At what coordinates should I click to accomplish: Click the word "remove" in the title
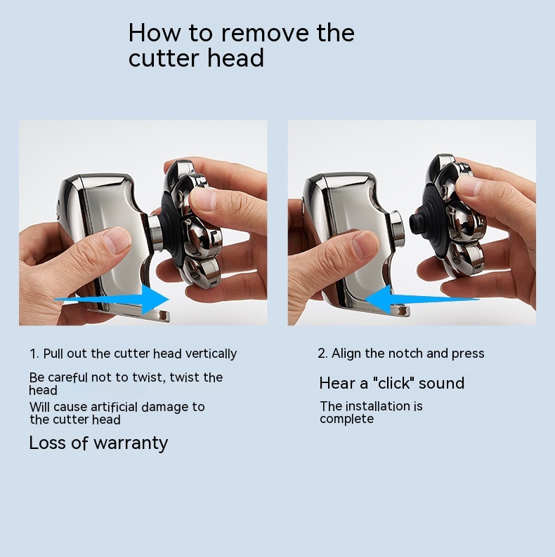click(266, 34)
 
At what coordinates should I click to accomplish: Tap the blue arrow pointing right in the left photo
click(112, 299)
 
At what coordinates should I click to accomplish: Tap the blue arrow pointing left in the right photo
click(422, 299)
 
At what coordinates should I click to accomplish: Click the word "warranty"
click(131, 443)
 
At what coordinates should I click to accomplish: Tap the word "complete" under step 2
click(346, 420)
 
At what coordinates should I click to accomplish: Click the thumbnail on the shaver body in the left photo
click(117, 240)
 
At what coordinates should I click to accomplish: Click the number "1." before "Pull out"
click(34, 354)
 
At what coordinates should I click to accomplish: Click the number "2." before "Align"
click(323, 354)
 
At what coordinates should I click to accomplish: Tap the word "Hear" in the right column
click(338, 383)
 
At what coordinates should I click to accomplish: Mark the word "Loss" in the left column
click(47, 443)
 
